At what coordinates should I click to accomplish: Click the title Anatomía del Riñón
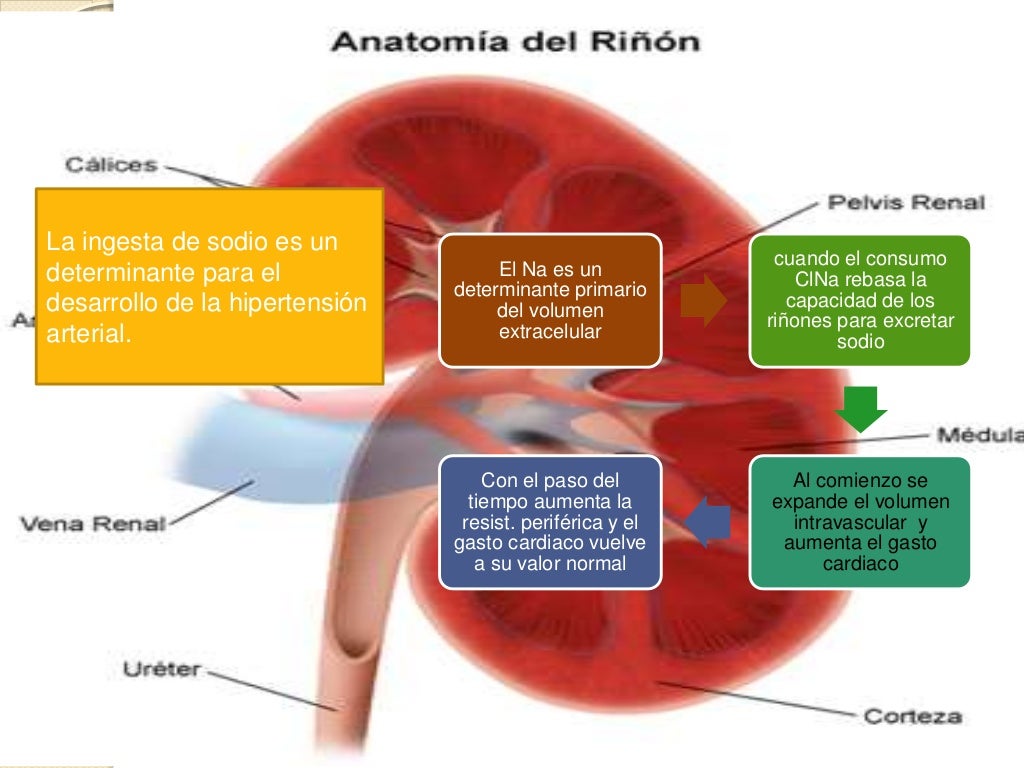tap(516, 43)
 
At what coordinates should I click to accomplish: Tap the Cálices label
tap(111, 165)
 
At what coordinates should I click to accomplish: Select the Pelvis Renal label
tap(906, 203)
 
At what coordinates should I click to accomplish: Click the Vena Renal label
tap(92, 523)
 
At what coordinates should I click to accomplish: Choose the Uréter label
tap(161, 670)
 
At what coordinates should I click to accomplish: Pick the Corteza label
tap(912, 716)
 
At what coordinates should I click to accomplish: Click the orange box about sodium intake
tap(210, 286)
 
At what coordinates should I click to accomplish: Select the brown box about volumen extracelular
tap(550, 299)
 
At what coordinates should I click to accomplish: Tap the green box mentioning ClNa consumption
tap(860, 300)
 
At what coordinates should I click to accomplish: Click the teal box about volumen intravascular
tap(860, 521)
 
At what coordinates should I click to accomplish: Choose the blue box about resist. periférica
tap(550, 521)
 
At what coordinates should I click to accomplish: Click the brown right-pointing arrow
tap(705, 301)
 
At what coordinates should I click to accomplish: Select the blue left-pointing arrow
tap(709, 521)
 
